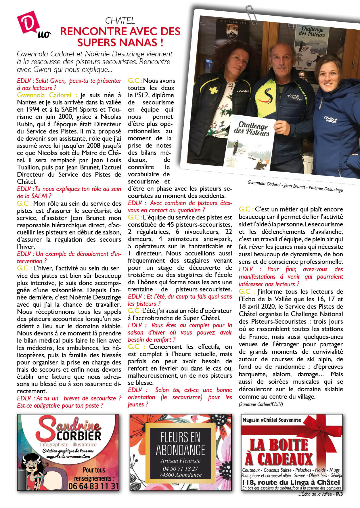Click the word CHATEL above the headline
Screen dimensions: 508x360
pyautogui.click(x=120, y=20)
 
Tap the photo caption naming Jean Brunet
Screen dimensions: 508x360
pyautogui.click(x=294, y=186)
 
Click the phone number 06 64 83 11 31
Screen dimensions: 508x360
pyautogui.click(x=93, y=486)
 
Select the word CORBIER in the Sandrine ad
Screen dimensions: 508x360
pyautogui.click(x=79, y=436)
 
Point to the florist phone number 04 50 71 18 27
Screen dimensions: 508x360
pyautogui.click(x=180, y=469)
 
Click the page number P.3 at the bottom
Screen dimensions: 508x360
pyautogui.click(x=339, y=494)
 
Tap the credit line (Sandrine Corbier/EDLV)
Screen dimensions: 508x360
pyautogui.click(x=261, y=404)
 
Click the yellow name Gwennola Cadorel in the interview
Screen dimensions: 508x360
pyautogui.click(x=44, y=95)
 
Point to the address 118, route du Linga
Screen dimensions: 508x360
pyautogui.click(x=291, y=482)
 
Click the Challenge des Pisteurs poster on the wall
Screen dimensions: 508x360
pyautogui.click(x=312, y=46)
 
